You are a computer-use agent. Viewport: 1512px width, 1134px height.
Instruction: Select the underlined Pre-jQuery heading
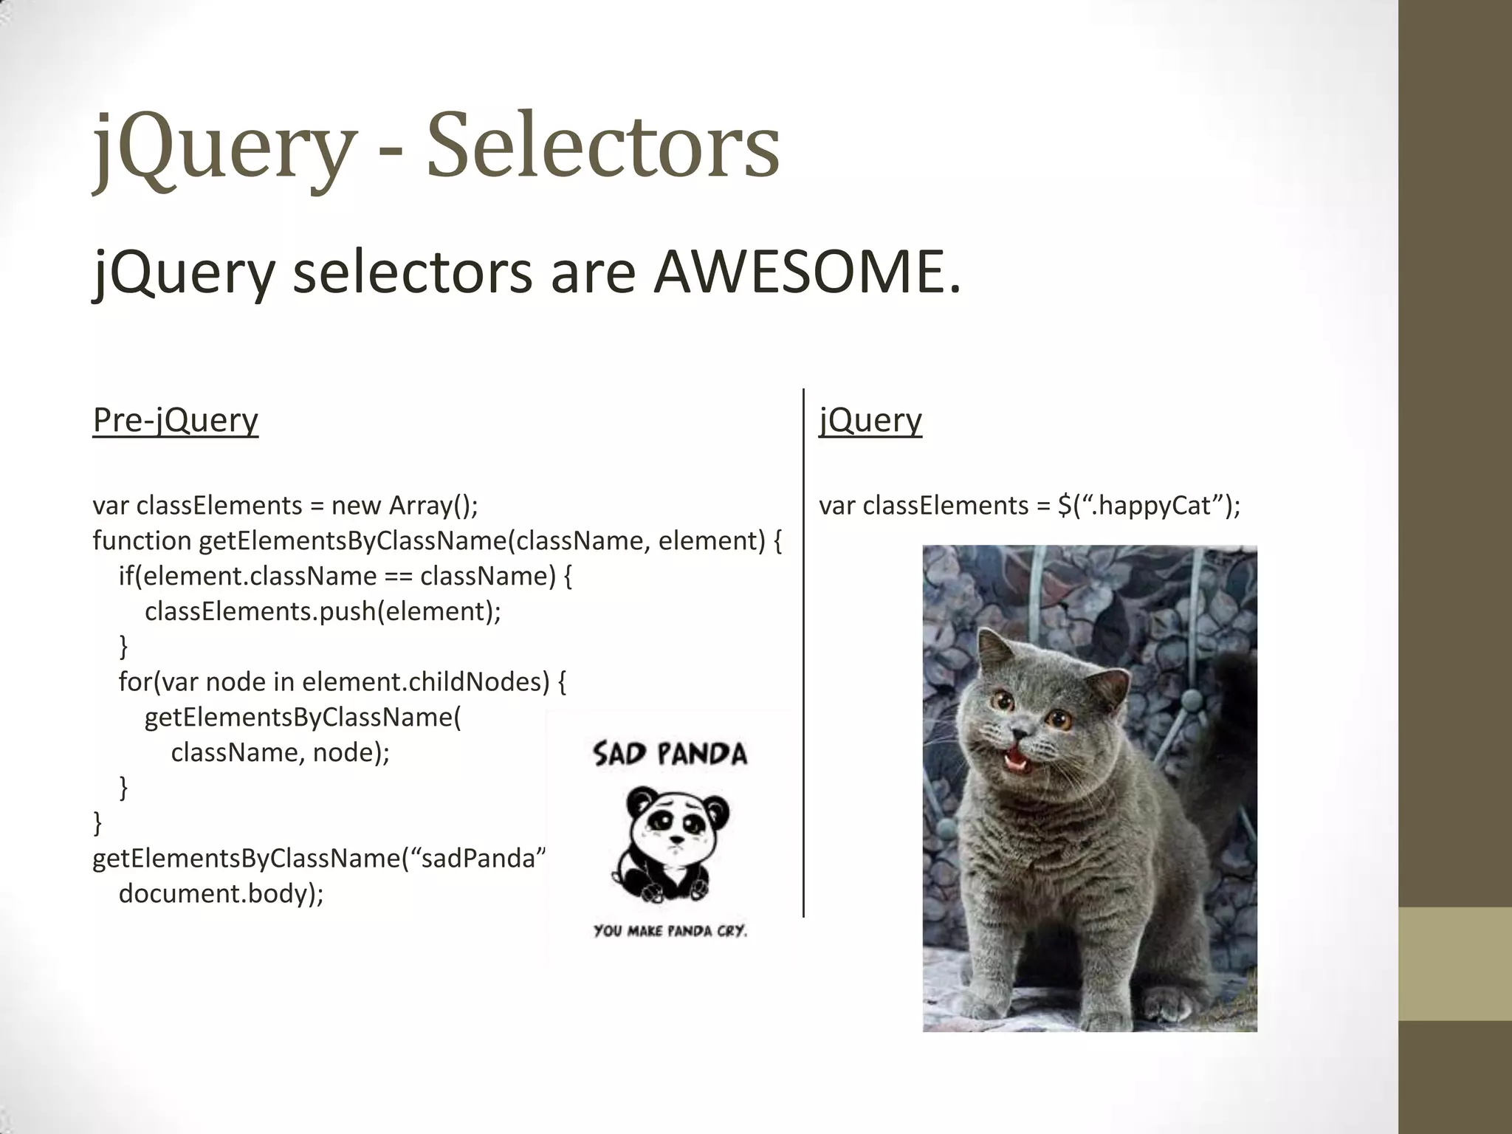click(176, 420)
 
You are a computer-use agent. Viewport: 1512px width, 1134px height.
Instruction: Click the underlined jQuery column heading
click(870, 420)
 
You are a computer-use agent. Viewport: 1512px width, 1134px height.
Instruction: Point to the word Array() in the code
click(433, 506)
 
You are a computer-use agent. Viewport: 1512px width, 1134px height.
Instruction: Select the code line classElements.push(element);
click(323, 611)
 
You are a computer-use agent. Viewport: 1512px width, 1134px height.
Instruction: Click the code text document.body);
click(221, 893)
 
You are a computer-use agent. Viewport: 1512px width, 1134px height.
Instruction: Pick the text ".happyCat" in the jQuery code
click(1152, 506)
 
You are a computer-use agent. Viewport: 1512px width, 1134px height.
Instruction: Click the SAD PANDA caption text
click(670, 754)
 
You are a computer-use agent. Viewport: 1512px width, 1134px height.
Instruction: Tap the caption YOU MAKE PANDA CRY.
click(670, 931)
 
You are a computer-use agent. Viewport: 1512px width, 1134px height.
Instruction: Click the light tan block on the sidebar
click(1454, 963)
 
